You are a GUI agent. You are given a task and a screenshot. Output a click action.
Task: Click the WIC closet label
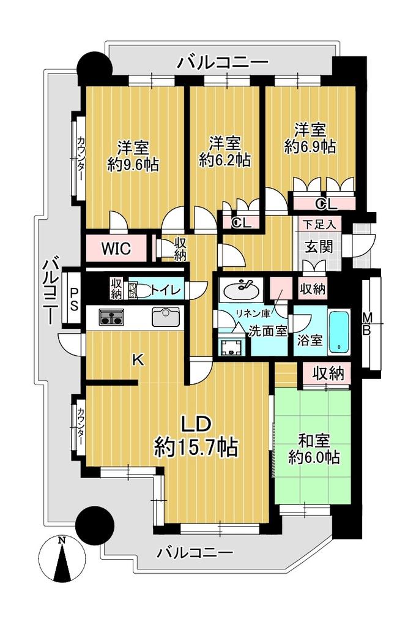[x=116, y=249]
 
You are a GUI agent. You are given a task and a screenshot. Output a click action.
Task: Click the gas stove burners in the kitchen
[x=111, y=317]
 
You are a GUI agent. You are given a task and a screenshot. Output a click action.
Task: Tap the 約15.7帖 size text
[x=196, y=446]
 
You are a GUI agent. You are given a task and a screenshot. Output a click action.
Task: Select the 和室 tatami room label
[x=314, y=441]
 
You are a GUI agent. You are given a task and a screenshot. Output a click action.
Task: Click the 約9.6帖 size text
[x=133, y=163]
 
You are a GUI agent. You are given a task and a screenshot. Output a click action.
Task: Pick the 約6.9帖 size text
[x=310, y=146]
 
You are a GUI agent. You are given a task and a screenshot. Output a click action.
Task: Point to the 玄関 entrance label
[x=319, y=246]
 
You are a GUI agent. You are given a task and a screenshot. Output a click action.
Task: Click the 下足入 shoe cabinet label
[x=319, y=224]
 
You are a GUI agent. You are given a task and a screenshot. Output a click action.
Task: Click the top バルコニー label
[x=223, y=62]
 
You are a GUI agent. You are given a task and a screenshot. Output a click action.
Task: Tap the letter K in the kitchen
[x=138, y=361]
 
